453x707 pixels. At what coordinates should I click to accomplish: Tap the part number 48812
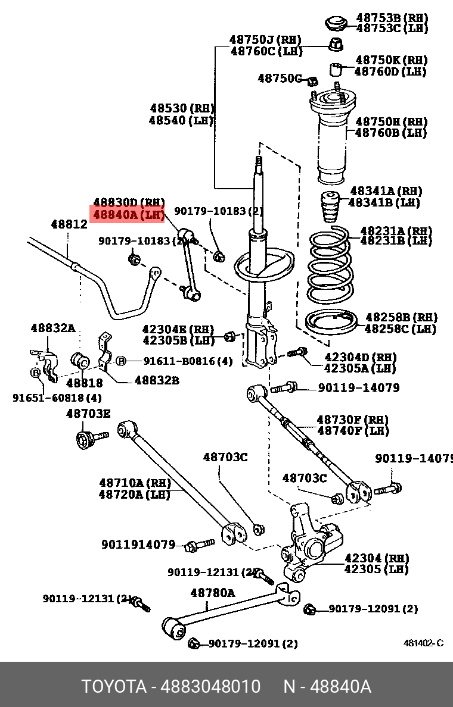[69, 224]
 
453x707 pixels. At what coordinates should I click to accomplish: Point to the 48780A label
[212, 593]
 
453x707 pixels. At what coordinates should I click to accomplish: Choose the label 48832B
[157, 380]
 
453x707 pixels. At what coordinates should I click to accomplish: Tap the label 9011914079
[138, 545]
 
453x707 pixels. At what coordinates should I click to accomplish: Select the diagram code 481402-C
[423, 643]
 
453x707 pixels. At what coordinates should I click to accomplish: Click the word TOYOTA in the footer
[114, 687]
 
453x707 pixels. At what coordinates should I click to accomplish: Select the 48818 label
[85, 383]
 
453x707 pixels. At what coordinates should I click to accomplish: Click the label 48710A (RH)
[135, 483]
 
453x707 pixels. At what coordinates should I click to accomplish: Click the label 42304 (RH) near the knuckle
[376, 558]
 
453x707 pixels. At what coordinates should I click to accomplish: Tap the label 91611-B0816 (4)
[188, 361]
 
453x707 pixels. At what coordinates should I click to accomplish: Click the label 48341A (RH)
[386, 191]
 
